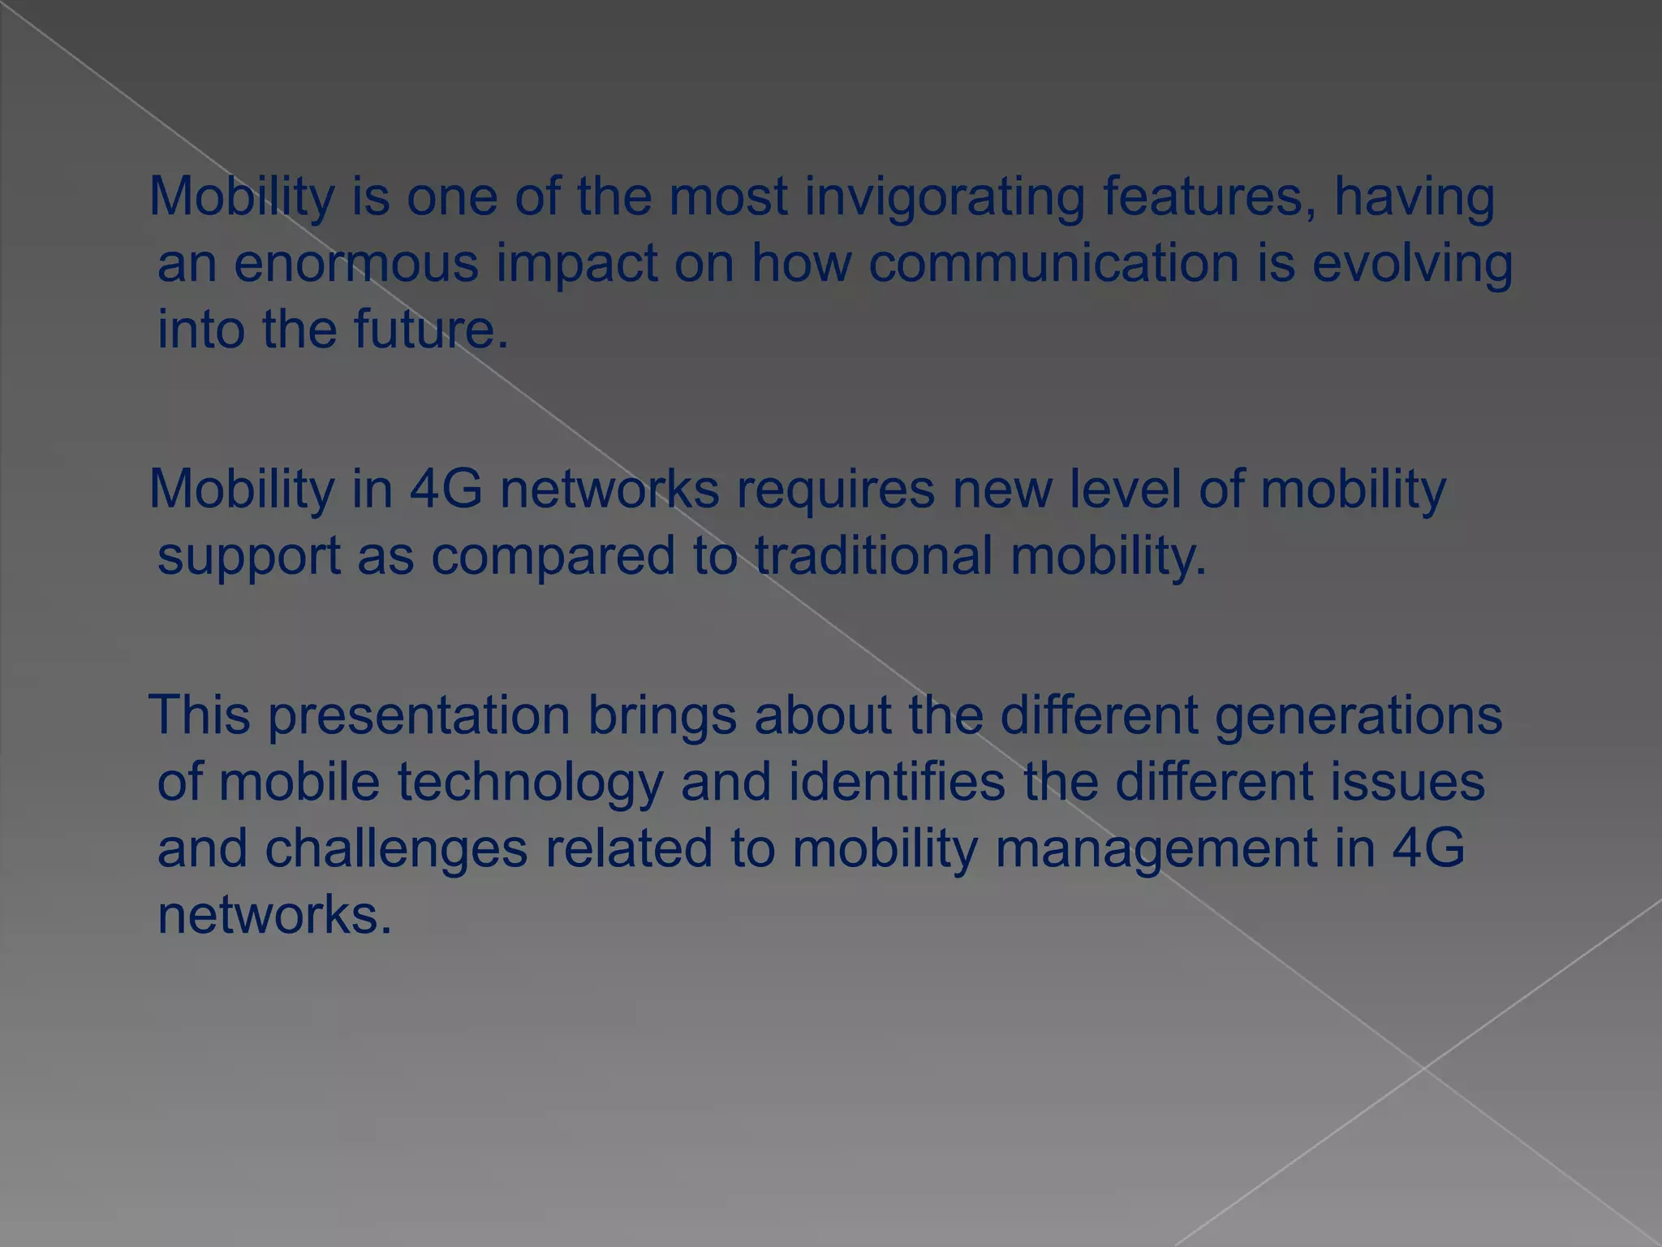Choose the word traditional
[873, 556]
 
